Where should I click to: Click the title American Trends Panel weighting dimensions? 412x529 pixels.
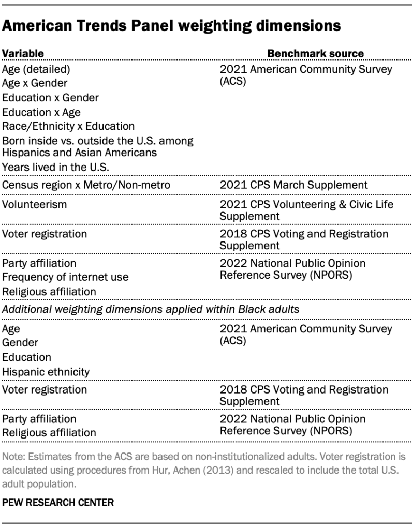point(171,26)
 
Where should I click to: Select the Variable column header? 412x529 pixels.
point(23,53)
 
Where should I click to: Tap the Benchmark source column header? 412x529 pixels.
point(315,53)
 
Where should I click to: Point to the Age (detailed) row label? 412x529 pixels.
point(36,69)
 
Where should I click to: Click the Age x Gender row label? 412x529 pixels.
point(35,83)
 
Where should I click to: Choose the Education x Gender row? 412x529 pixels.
point(50,97)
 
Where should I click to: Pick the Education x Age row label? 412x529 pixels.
point(41,112)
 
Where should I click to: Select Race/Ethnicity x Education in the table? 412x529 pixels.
point(68,126)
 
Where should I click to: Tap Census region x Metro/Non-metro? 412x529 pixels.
point(86,185)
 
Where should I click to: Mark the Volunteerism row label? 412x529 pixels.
point(35,204)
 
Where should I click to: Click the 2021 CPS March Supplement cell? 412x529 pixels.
point(293,185)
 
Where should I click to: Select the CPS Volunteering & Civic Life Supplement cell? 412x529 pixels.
point(306,210)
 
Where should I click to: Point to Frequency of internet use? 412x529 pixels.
point(65,277)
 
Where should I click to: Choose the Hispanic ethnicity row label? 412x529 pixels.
point(46,372)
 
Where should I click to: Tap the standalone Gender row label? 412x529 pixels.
point(20,342)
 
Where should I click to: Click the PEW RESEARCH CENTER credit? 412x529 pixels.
point(57,502)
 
